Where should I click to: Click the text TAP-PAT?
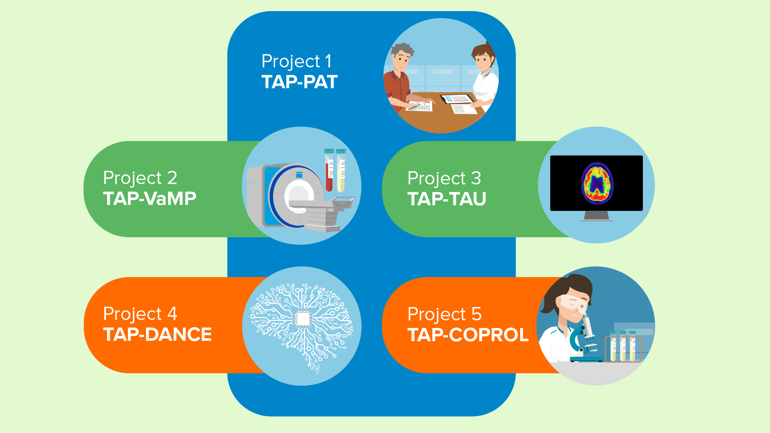(300, 82)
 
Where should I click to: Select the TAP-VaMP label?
(150, 198)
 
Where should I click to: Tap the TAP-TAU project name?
(447, 199)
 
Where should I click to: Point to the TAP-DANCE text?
(157, 334)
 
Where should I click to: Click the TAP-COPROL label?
(468, 335)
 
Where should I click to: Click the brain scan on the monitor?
(598, 183)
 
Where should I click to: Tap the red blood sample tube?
(329, 170)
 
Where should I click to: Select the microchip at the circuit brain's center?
(303, 319)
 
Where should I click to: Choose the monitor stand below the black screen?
(596, 216)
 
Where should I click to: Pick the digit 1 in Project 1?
(328, 61)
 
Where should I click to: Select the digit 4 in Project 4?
(172, 314)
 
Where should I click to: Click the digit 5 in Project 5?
(476, 314)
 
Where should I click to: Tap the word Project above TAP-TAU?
(436, 178)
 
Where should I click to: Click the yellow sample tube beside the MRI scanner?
(341, 170)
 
